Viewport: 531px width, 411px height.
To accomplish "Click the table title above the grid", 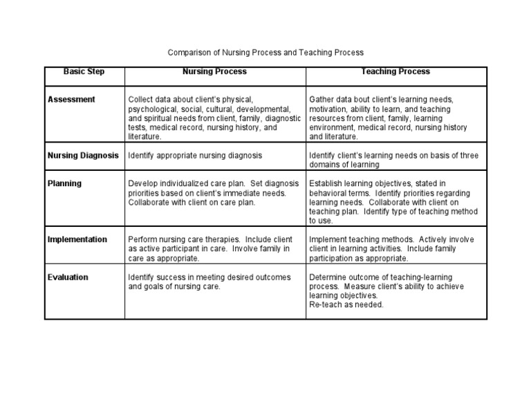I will click(x=265, y=53).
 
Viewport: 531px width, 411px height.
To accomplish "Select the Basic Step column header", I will click(x=84, y=72).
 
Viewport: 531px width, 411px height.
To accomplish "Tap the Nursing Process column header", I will click(x=214, y=72).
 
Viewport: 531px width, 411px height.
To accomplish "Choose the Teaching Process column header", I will click(x=395, y=72).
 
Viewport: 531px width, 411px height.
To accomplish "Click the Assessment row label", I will click(x=71, y=100).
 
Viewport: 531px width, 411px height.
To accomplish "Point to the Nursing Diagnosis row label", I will click(x=83, y=156).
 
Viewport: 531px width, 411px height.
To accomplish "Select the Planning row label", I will click(x=64, y=183).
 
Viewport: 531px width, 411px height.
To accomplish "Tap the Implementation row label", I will click(x=77, y=239).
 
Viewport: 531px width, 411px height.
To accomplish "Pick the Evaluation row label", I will click(x=68, y=277).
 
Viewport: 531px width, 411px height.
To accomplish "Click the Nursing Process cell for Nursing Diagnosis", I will click(x=195, y=156).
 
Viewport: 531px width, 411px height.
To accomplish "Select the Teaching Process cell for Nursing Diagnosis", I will click(x=393, y=160).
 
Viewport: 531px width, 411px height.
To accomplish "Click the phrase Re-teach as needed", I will click(x=346, y=305).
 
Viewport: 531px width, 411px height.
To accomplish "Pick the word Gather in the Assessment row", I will click(x=322, y=100).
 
